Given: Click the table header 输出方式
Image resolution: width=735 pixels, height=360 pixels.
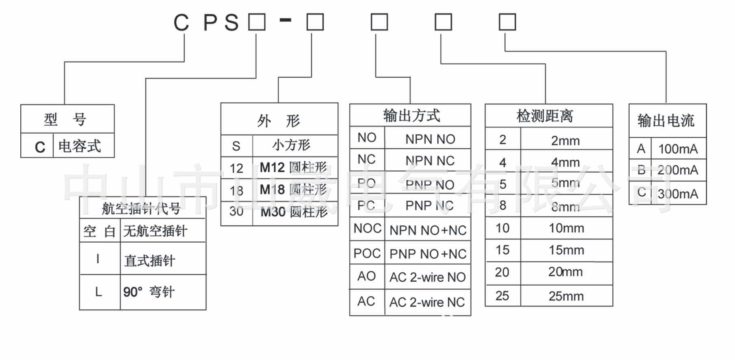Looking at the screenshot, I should (411, 116).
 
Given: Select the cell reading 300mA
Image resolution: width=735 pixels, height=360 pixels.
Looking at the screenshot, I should (678, 194).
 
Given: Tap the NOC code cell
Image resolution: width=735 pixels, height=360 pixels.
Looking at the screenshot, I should (367, 229).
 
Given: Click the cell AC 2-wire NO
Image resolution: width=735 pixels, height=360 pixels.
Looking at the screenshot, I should (427, 278).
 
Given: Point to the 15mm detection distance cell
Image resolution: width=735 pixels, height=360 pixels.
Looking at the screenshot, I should (566, 250).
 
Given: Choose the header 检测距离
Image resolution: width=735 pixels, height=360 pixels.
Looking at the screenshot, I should (545, 116).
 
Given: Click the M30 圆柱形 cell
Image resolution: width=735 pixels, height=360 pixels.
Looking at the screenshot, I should (294, 212).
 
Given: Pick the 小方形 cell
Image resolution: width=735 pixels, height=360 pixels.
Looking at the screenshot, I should (291, 145).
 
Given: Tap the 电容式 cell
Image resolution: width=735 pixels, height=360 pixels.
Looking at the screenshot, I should (80, 146).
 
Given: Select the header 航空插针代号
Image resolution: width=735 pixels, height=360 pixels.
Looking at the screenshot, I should (141, 208).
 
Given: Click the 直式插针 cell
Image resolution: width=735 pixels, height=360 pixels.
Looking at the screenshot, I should (150, 260).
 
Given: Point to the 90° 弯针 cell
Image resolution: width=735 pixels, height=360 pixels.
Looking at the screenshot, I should (149, 292).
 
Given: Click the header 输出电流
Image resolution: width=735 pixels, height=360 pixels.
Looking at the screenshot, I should (665, 121).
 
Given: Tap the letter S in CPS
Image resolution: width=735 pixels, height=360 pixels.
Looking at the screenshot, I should (231, 22).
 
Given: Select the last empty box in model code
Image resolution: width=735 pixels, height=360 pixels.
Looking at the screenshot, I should (507, 22).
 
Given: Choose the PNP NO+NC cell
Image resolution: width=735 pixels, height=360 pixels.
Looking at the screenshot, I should (427, 254).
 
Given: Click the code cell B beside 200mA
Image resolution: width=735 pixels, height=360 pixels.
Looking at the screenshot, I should (641, 170).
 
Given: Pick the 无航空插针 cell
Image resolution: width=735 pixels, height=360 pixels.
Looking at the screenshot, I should (155, 231).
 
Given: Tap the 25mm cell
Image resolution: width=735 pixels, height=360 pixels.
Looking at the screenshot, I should (566, 296).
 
